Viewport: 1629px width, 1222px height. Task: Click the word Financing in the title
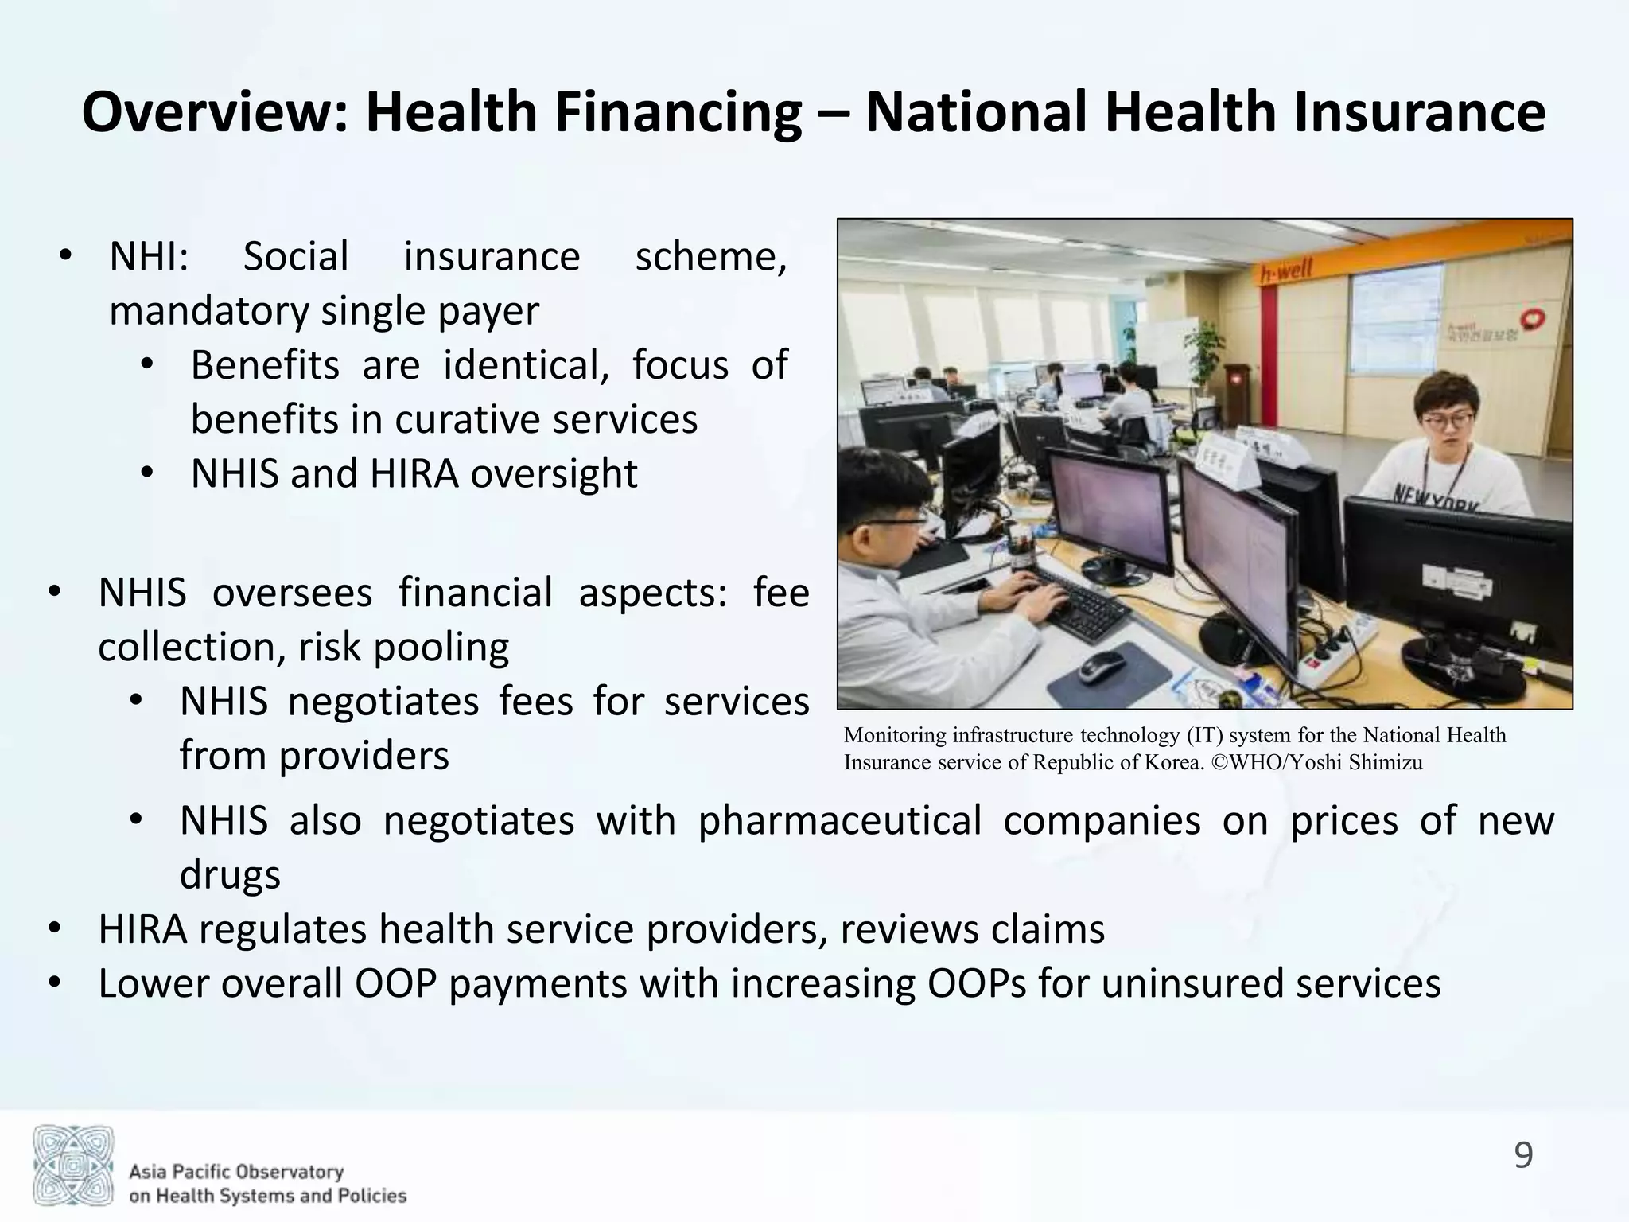tap(678, 112)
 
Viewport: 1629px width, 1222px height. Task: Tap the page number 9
tap(1523, 1154)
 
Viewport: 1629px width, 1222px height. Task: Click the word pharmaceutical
tap(839, 820)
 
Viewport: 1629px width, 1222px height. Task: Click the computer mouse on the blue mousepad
tap(1102, 666)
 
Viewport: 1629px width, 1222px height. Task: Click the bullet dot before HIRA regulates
tap(54, 929)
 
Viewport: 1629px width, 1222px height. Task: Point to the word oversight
tap(554, 473)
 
